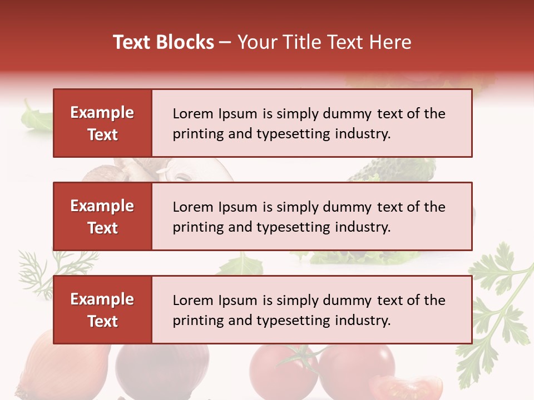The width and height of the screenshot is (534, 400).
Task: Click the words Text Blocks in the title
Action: (164, 42)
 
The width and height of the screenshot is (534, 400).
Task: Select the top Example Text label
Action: (102, 123)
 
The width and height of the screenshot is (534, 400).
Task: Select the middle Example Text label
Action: (102, 217)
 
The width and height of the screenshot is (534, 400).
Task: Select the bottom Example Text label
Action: (102, 310)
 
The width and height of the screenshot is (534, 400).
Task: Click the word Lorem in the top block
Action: (190, 114)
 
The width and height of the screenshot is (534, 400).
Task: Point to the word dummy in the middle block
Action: (347, 207)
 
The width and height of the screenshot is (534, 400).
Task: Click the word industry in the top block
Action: (363, 134)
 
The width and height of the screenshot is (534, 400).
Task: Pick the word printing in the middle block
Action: (198, 227)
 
